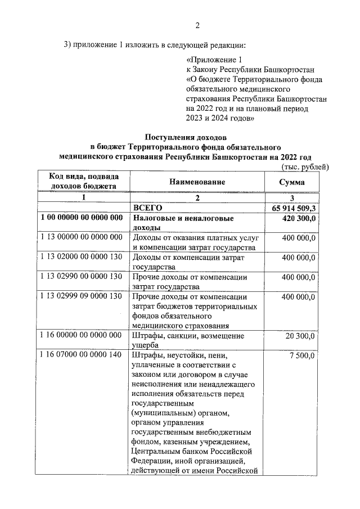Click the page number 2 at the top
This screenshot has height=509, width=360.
[x=197, y=25]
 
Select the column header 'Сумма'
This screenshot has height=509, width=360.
[x=292, y=182]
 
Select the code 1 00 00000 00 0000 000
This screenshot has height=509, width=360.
[x=82, y=218]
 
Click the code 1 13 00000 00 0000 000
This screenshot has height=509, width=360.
[x=82, y=237]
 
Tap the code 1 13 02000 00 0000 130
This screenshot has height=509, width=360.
[x=82, y=257]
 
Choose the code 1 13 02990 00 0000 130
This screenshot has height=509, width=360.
[x=82, y=277]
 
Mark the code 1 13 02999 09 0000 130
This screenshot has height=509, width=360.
[x=82, y=296]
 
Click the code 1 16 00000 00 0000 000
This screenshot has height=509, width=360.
[x=82, y=336]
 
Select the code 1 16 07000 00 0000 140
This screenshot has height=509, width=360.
[x=82, y=355]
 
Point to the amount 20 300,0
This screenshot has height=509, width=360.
[x=300, y=336]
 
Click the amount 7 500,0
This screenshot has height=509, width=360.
[x=303, y=355]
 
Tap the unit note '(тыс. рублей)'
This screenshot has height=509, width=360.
[x=304, y=167]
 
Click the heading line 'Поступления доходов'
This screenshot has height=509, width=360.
[x=186, y=137]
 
